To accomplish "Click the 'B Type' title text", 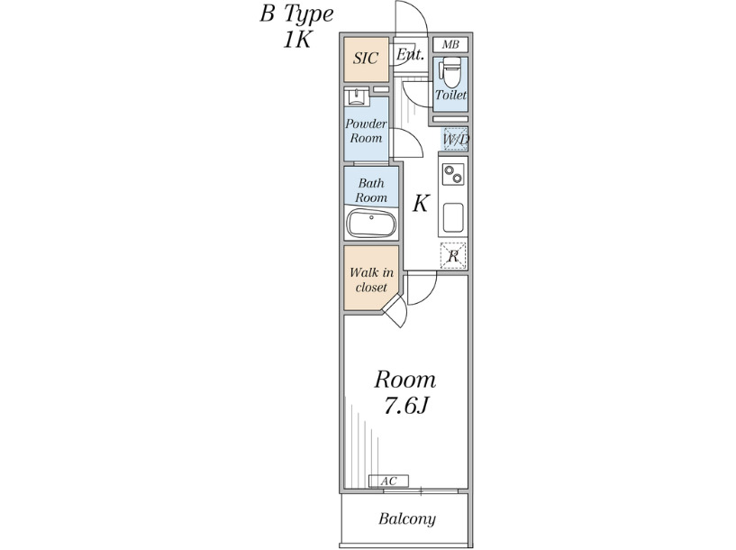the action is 296,14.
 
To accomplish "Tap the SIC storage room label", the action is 366,59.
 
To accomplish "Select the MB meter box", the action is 450,44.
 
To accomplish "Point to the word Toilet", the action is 450,95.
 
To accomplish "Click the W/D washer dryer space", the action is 455,140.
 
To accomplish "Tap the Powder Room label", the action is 366,131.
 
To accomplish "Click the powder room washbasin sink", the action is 357,96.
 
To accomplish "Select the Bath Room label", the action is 371,190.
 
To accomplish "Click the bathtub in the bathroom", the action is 371,225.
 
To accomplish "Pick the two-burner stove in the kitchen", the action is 453,174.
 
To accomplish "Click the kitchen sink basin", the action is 453,217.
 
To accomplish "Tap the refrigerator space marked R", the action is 453,256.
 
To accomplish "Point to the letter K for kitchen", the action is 420,204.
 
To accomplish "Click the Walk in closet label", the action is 371,280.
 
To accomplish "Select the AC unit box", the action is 388,481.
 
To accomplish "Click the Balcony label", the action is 407,519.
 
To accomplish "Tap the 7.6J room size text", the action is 405,407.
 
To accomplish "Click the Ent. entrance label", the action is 410,54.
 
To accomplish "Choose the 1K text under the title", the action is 296,40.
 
